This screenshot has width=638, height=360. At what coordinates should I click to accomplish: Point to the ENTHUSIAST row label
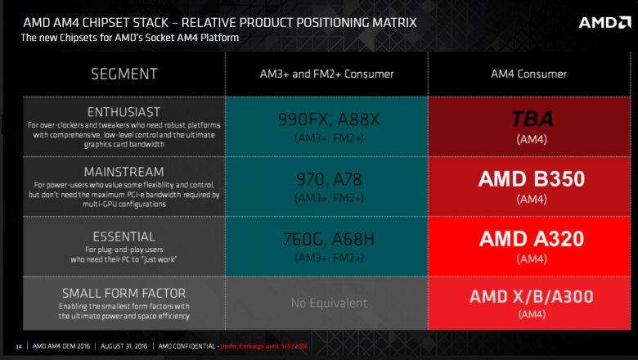(123, 111)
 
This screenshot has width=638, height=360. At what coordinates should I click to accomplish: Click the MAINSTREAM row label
(123, 172)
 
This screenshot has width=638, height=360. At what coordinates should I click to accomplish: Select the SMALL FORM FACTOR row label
(123, 292)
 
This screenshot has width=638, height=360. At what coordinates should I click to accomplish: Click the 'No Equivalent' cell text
(326, 303)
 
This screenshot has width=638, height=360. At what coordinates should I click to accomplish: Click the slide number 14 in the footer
(19, 346)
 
